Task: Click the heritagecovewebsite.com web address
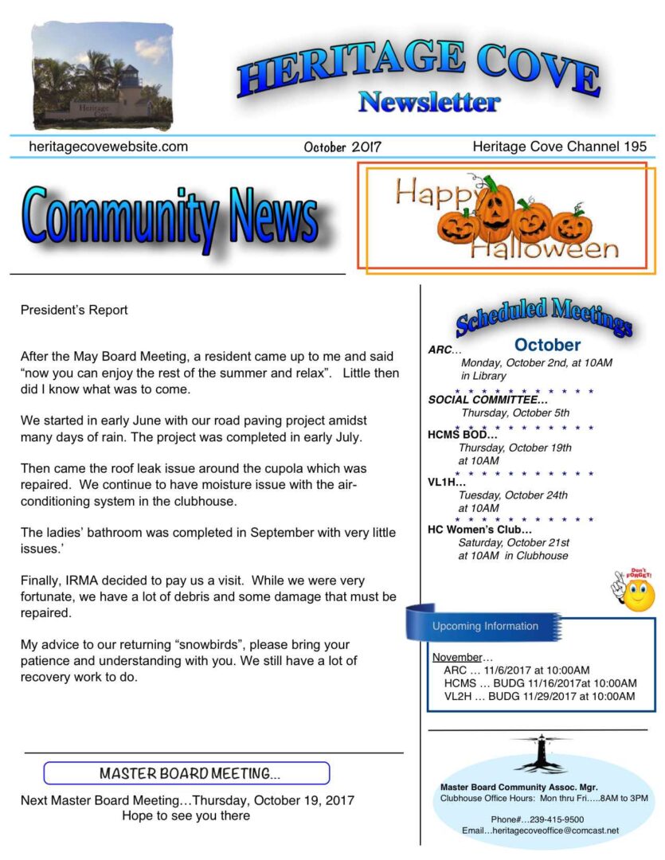click(x=108, y=147)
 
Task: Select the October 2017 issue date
click(x=342, y=147)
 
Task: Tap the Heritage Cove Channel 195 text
click(x=559, y=147)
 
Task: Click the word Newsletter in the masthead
click(x=429, y=102)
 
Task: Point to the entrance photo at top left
click(x=102, y=77)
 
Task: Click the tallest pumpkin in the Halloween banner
click(x=494, y=209)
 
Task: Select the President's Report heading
click(x=74, y=311)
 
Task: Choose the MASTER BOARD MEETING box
click(x=186, y=773)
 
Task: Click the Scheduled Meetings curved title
click(x=544, y=316)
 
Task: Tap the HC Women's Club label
click(x=479, y=529)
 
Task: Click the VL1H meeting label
click(x=447, y=482)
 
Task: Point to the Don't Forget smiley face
click(x=637, y=592)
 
